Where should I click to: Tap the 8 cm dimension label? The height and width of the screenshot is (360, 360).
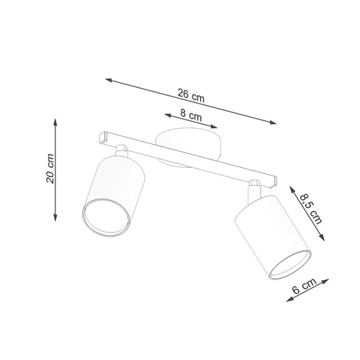point(190,114)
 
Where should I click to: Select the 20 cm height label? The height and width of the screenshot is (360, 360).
point(50,168)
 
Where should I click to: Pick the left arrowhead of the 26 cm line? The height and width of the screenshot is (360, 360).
point(107,78)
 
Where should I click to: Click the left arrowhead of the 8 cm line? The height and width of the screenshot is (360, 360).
point(165,113)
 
